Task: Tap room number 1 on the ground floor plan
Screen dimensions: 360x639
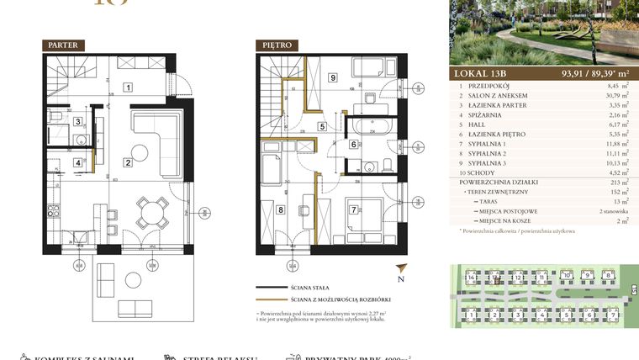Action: (x=127, y=86)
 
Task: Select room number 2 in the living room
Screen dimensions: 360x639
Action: (x=127, y=162)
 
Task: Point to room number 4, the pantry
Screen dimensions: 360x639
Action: (x=77, y=163)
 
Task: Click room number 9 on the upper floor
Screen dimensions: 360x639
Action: (x=333, y=78)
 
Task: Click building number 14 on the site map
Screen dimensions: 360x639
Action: (x=473, y=277)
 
